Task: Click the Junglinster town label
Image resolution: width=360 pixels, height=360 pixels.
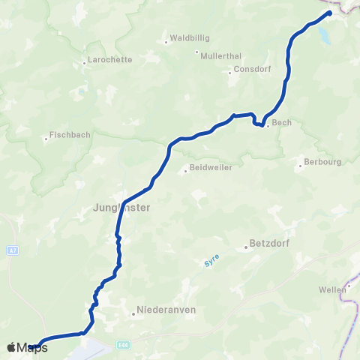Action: [119, 209]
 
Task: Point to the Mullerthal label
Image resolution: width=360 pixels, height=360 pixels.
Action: [219, 54]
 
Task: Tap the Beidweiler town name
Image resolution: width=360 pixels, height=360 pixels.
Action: [211, 167]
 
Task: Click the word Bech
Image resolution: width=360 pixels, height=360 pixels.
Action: [281, 121]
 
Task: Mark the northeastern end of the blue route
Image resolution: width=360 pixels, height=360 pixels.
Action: [329, 13]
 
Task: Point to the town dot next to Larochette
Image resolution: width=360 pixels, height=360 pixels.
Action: [84, 62]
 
